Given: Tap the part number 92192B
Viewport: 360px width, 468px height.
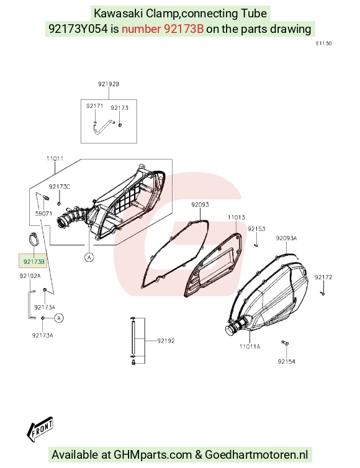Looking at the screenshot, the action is pyautogui.click(x=109, y=84).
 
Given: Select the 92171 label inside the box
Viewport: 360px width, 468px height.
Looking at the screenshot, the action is pyautogui.click(x=94, y=106).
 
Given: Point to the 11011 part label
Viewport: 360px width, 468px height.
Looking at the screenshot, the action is pyautogui.click(x=55, y=158).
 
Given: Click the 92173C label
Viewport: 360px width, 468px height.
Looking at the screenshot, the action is pyautogui.click(x=60, y=187).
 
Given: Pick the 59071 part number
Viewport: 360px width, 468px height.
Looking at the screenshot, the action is pyautogui.click(x=43, y=214).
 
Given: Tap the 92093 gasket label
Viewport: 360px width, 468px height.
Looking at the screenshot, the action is pyautogui.click(x=200, y=204).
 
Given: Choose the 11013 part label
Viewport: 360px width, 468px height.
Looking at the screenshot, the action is pyautogui.click(x=236, y=217).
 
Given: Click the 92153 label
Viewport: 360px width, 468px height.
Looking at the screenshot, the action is pyautogui.click(x=256, y=228).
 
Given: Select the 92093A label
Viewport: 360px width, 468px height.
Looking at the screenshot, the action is pyautogui.click(x=287, y=238).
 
